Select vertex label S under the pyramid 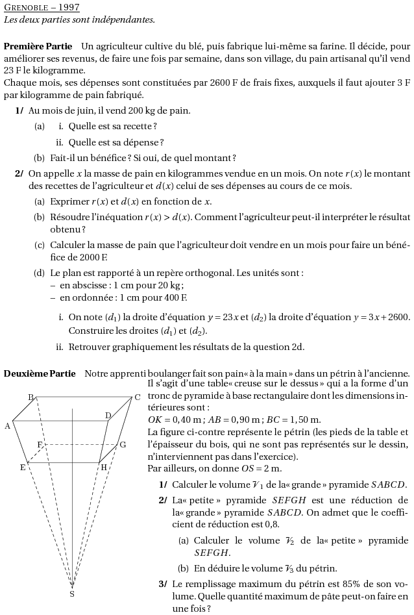(x=71, y=594)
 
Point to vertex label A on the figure (x=7, y=426)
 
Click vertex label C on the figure (x=137, y=397)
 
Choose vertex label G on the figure (x=122, y=445)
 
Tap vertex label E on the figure (x=23, y=467)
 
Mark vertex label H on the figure (x=103, y=467)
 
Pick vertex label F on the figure (x=40, y=444)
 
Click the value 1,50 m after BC (x=304, y=420)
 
